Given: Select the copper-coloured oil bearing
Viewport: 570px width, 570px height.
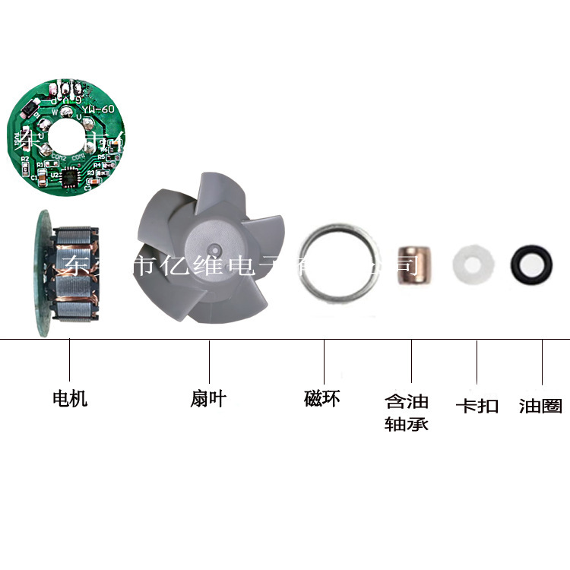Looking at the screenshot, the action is pos(415,264).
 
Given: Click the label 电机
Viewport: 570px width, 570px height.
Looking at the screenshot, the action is pos(70,398).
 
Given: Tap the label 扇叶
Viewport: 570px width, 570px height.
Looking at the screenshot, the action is pos(208,398).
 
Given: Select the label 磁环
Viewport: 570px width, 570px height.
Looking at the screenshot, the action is pos(322,398).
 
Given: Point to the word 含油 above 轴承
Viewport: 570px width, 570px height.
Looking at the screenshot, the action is pos(407,401).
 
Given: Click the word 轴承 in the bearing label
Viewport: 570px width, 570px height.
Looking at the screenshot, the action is pos(407,423).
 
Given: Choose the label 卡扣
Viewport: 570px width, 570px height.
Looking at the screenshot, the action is pos(477,406).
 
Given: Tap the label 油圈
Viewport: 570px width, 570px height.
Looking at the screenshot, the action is pos(540,406).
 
